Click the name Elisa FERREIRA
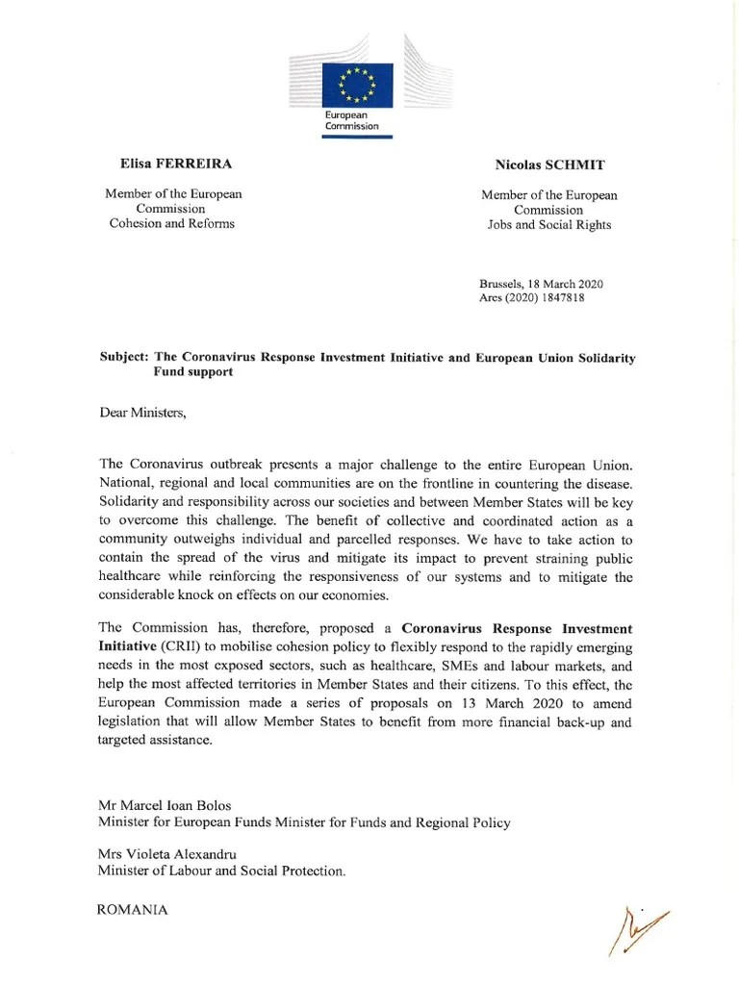coord(173,164)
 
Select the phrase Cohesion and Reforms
coord(173,224)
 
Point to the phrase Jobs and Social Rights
coord(549,225)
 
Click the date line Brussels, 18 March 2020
coord(541,284)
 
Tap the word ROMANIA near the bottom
coord(133,909)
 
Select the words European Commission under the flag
coord(352,120)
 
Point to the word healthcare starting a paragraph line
coord(133,577)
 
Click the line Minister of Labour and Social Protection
coord(221,871)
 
